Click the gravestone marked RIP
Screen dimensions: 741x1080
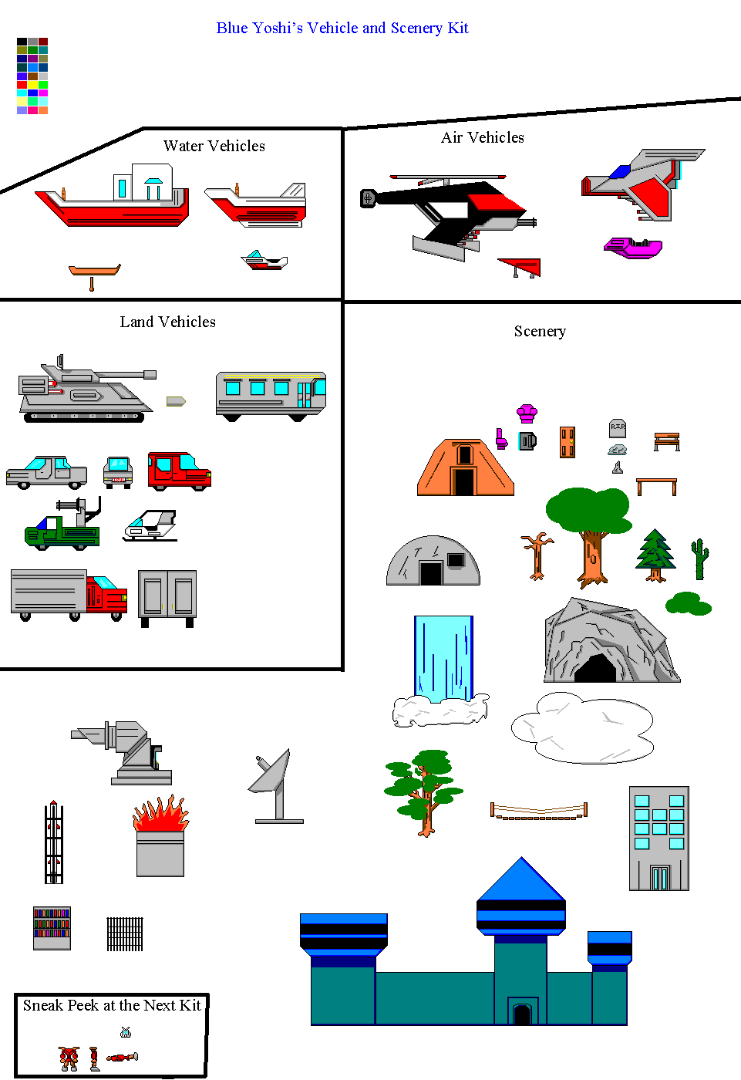coord(617,428)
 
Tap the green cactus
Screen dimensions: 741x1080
coord(699,559)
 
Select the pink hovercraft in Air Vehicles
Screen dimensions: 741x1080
coord(632,248)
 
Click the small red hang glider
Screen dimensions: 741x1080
coord(520,267)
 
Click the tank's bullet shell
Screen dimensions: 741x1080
coord(176,401)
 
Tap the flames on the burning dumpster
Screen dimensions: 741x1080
coord(161,813)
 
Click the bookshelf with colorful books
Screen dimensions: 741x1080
coord(52,928)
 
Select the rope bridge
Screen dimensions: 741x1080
coord(539,810)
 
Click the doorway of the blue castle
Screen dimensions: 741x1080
coord(522,1014)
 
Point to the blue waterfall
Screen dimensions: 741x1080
coord(443,658)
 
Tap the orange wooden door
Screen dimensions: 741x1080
coord(567,442)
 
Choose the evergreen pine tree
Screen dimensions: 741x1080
coord(655,555)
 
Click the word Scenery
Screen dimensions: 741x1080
coord(540,331)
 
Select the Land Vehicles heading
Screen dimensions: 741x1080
coord(167,322)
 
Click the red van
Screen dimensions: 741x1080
coord(179,471)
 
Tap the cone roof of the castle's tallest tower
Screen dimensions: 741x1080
coord(520,879)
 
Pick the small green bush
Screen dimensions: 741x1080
coord(688,603)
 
